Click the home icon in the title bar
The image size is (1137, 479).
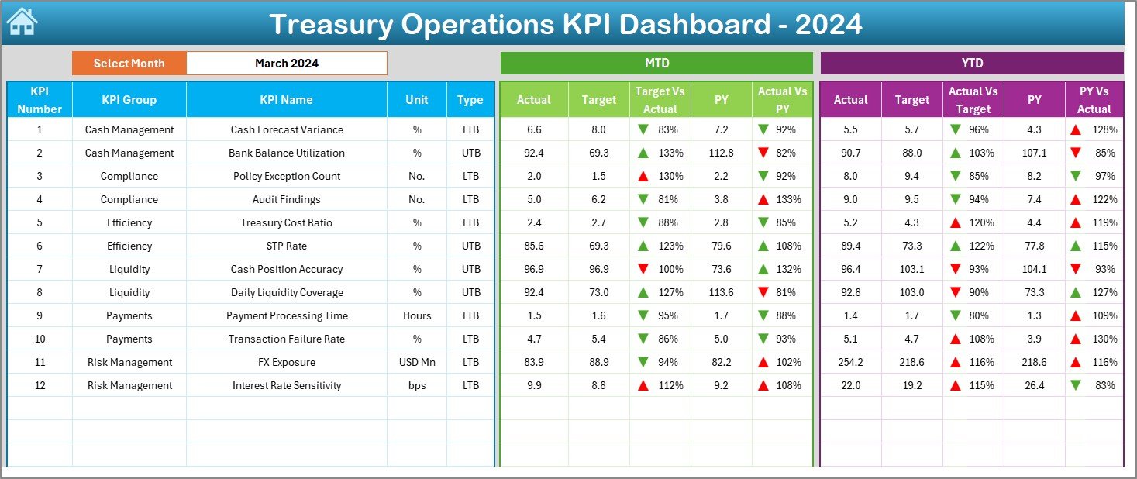(21, 22)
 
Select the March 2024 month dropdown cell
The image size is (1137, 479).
(286, 64)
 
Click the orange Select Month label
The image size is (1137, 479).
(129, 64)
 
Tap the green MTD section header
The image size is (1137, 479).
(656, 64)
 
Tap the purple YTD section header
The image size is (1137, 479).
(971, 64)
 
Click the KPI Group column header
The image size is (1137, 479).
(129, 100)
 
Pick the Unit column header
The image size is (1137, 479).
(417, 100)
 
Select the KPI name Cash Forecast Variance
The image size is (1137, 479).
(286, 130)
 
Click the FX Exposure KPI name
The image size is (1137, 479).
(286, 363)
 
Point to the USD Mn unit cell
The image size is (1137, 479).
(417, 363)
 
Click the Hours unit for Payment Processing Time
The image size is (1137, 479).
(417, 316)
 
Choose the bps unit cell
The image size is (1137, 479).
(417, 386)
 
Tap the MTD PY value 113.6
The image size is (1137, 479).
(721, 293)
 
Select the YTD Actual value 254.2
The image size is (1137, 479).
(850, 363)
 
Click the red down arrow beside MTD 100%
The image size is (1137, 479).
(643, 270)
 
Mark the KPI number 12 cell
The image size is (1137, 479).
(40, 386)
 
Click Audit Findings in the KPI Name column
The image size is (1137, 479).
(286, 200)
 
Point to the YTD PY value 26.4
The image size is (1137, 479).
(1034, 386)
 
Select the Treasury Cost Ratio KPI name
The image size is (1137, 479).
(286, 223)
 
